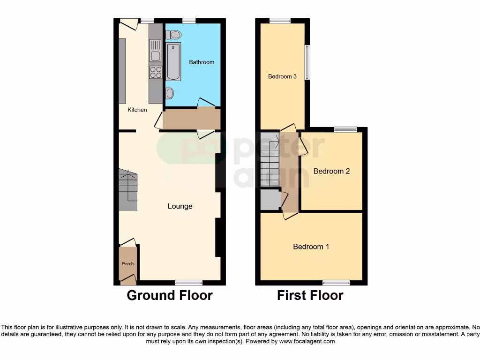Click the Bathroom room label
(202, 62)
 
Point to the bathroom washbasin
(170, 93)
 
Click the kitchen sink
(156, 50)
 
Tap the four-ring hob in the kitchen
(156, 72)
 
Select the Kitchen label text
(137, 110)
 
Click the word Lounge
(180, 206)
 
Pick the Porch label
(127, 263)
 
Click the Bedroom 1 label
(311, 247)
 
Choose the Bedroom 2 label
(331, 171)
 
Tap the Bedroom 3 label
(282, 76)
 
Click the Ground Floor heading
(170, 296)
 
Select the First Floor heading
(310, 296)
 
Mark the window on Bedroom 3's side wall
(307, 62)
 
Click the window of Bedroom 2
(345, 129)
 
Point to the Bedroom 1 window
(336, 283)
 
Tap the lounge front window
(189, 283)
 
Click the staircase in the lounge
(128, 190)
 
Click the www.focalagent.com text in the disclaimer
(307, 341)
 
